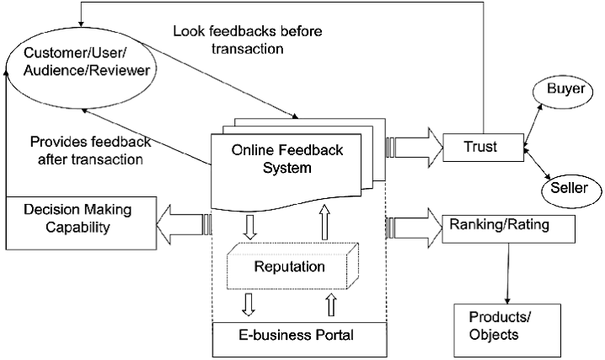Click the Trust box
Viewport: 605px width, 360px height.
click(480, 147)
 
